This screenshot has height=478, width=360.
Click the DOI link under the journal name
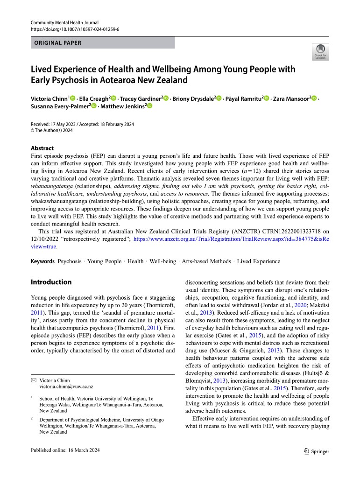pyautogui.click(x=75, y=29)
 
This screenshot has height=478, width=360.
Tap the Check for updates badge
pyautogui.click(x=320, y=52)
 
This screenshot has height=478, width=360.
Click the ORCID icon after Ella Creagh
pyautogui.click(x=114, y=98)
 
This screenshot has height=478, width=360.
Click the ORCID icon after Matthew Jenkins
pyautogui.click(x=150, y=106)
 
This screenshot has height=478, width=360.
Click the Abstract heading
pyautogui.click(x=42, y=148)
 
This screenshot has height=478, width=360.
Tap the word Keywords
pyautogui.click(x=42, y=261)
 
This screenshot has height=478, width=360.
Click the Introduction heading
pyautogui.click(x=51, y=282)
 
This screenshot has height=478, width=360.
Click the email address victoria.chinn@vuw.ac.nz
pyautogui.click(x=66, y=387)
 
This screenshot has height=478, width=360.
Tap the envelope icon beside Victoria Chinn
pyautogui.click(x=33, y=380)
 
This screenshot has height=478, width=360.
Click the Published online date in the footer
pyautogui.click(x=65, y=450)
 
